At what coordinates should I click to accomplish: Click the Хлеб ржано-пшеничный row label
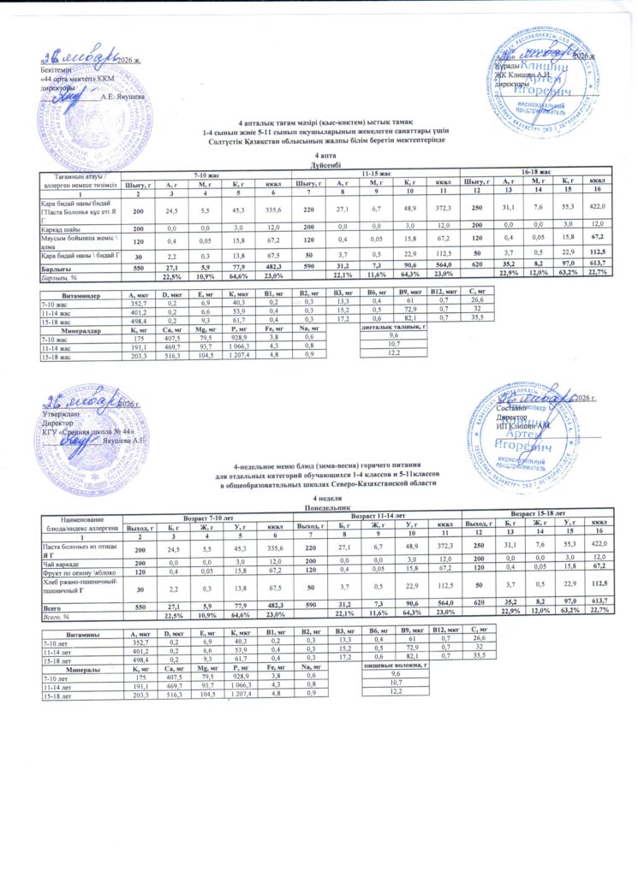[77, 586]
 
